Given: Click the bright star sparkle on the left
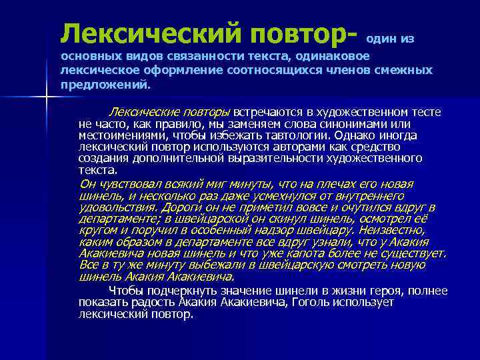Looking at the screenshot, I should coord(47,99).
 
